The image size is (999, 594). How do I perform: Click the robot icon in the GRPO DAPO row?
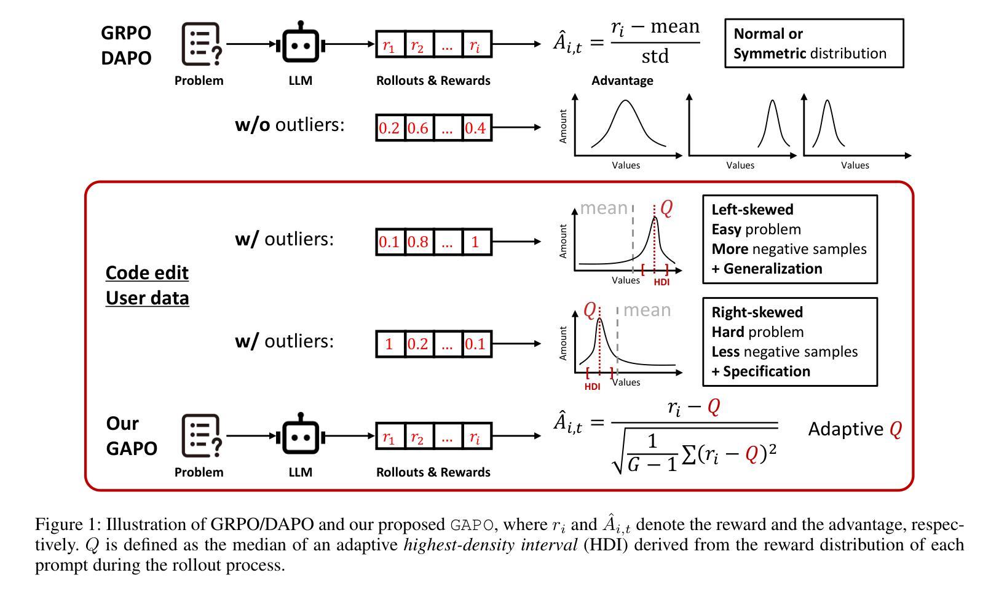pyautogui.click(x=300, y=43)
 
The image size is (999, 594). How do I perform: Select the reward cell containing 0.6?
pyautogui.click(x=418, y=128)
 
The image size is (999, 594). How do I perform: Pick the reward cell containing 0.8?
pyautogui.click(x=418, y=242)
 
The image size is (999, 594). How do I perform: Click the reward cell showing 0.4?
pyautogui.click(x=475, y=128)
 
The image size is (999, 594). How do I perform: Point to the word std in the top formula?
pyautogui.click(x=655, y=57)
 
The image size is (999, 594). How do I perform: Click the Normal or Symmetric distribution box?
pyautogui.click(x=814, y=43)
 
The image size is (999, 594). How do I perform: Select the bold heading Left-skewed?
pyautogui.click(x=752, y=210)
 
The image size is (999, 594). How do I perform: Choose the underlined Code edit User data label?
pyautogui.click(x=147, y=285)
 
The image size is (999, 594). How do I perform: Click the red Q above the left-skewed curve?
pyautogui.click(x=666, y=208)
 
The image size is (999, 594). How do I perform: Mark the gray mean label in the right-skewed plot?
pyautogui.click(x=647, y=310)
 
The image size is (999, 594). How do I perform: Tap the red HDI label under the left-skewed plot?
pyautogui.click(x=661, y=282)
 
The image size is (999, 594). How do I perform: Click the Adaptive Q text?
pyautogui.click(x=855, y=429)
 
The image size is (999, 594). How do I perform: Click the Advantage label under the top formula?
pyautogui.click(x=622, y=81)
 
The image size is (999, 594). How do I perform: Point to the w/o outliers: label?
pyautogui.click(x=290, y=125)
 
